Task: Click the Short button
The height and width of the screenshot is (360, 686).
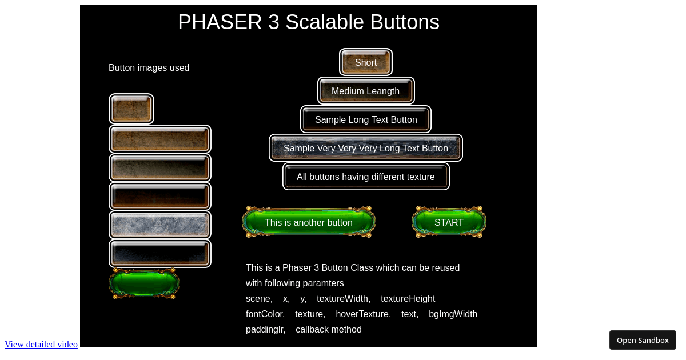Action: pos(366,62)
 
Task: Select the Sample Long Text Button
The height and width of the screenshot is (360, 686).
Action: pos(366,119)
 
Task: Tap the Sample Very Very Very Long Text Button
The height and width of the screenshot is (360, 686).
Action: pos(366,148)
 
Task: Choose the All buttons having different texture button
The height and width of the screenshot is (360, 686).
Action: pos(366,177)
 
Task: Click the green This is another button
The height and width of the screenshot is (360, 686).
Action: pos(309,222)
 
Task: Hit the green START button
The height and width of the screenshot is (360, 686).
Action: pos(449,222)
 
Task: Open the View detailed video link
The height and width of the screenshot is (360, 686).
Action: pos(41,344)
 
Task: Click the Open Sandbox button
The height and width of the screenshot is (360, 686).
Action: pos(643,340)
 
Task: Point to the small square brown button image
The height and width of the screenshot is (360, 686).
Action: pos(131,109)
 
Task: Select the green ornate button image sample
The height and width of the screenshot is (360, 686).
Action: pos(144,283)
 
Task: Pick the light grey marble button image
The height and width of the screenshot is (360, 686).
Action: pos(160,225)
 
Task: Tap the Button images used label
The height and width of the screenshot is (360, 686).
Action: pos(149,68)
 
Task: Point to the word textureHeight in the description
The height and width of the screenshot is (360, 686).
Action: pos(408,299)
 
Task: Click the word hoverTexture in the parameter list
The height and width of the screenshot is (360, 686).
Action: pos(363,314)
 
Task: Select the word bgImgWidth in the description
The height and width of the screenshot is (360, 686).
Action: pos(453,314)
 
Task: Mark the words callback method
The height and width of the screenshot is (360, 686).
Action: pos(328,330)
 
